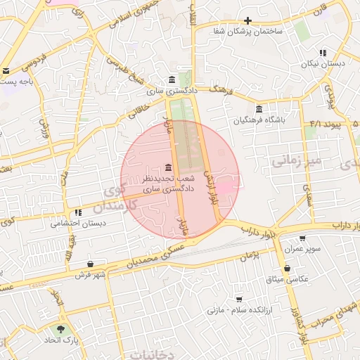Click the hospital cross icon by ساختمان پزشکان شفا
tap(247, 20)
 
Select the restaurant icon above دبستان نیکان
tap(323, 53)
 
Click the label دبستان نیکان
tap(323, 64)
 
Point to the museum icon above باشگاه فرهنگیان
tap(259, 110)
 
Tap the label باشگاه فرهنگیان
tap(260, 121)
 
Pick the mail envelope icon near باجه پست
tap(6, 71)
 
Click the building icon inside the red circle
tap(167, 167)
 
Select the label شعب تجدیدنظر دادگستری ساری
tap(167, 184)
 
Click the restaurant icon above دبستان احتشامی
tap(78, 212)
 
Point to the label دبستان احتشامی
tap(78, 224)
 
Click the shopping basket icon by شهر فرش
tap(90, 264)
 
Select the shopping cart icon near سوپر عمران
tap(303, 238)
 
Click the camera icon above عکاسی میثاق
tap(288, 268)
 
